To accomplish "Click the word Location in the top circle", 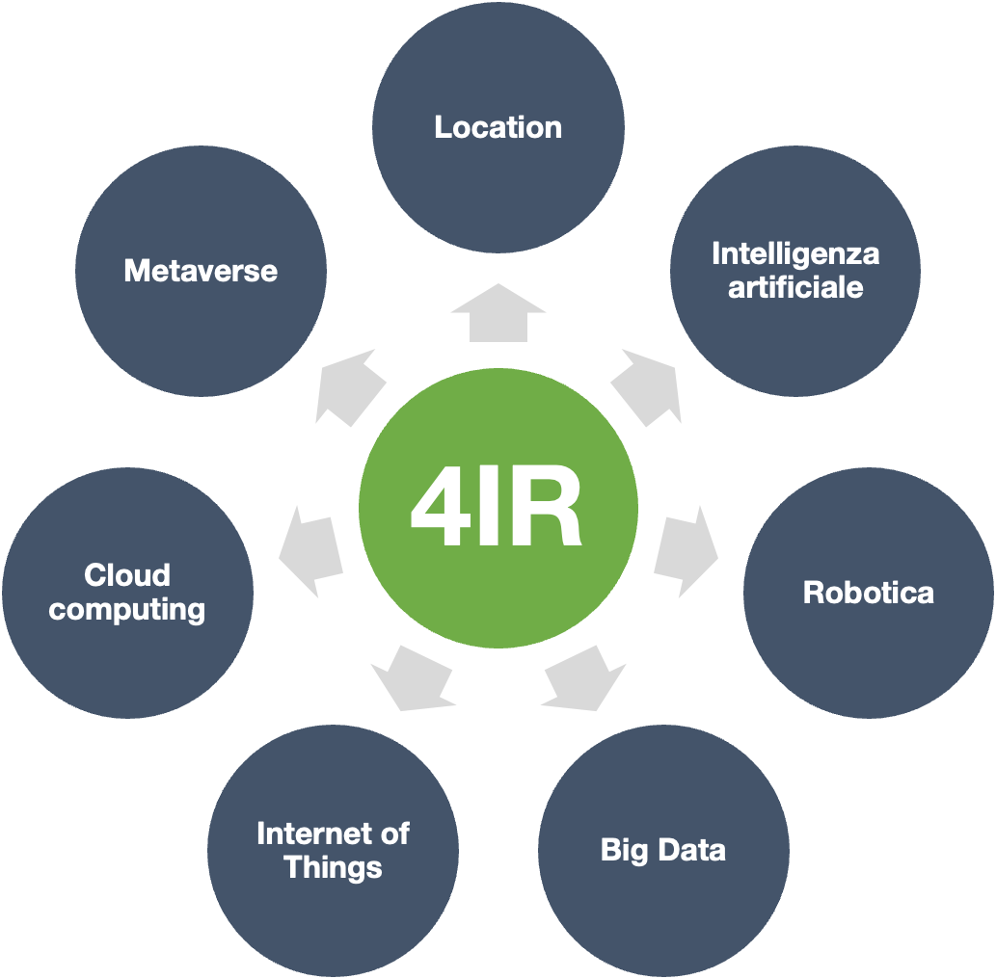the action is click(498, 127).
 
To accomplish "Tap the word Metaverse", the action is click(201, 271).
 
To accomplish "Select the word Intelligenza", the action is click(795, 255).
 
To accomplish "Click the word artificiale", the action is click(795, 287).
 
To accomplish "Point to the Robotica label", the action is click(869, 593).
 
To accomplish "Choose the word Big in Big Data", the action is click(625, 852).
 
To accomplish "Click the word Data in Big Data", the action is click(691, 850).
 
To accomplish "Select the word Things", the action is click(333, 868).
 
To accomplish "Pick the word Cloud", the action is click(127, 575).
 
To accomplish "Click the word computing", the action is click(127, 611).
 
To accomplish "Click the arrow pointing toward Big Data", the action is click(584, 679).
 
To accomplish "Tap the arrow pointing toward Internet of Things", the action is click(413, 679).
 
